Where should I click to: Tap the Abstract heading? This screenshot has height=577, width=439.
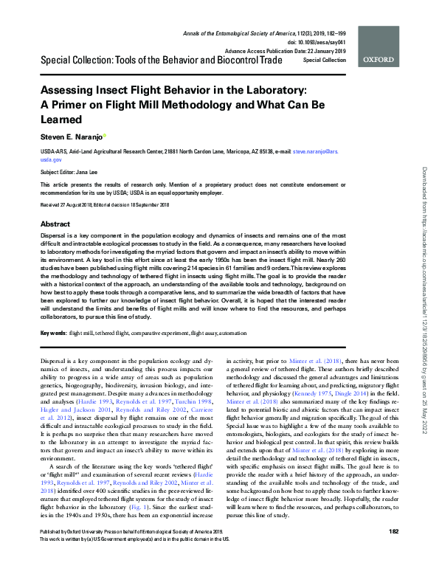click(x=55, y=224)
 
